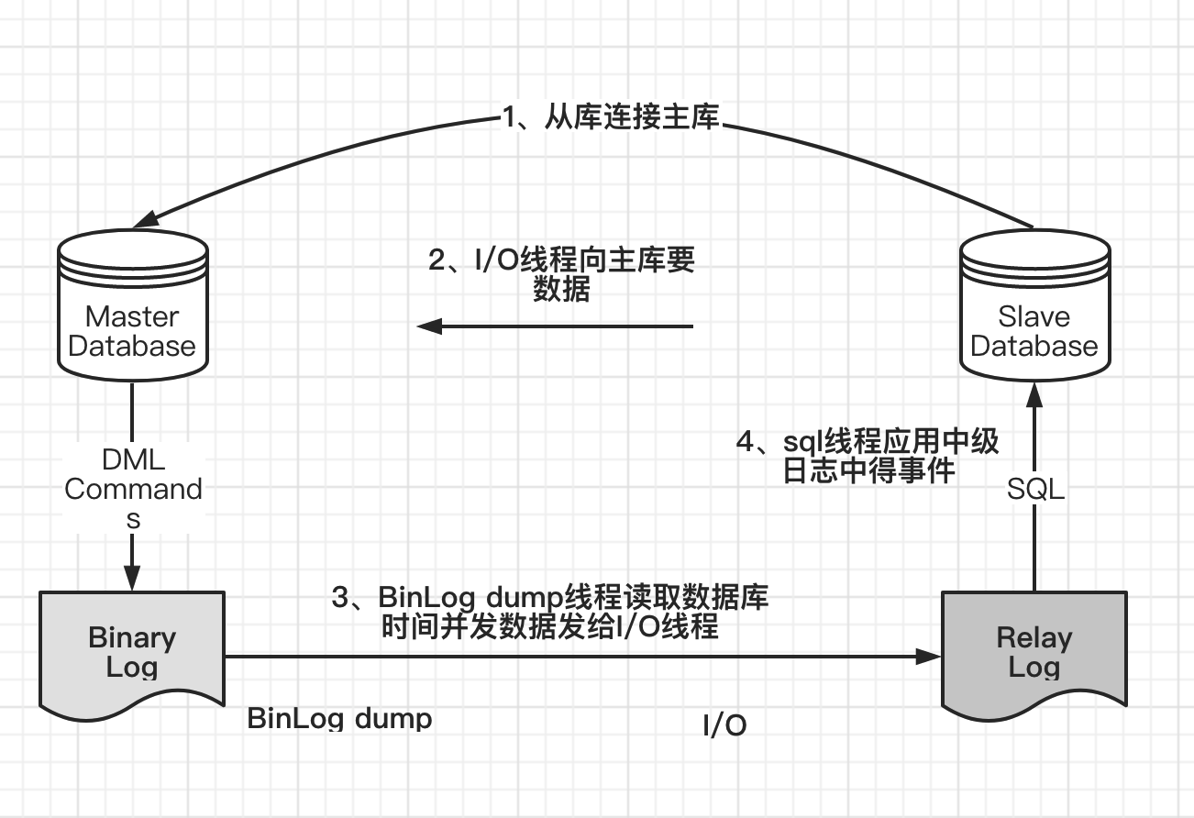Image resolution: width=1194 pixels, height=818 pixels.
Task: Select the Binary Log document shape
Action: pyautogui.click(x=132, y=651)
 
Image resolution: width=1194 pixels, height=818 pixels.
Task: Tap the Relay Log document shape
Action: pyautogui.click(x=1034, y=651)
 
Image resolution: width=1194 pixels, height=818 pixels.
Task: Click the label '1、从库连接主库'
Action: pyautogui.click(x=611, y=118)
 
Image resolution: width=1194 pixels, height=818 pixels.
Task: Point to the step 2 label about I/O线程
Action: pyautogui.click(x=561, y=274)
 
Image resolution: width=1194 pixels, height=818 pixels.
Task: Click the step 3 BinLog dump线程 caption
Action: pyautogui.click(x=550, y=612)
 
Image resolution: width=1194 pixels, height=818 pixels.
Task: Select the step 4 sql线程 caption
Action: pyautogui.click(x=868, y=456)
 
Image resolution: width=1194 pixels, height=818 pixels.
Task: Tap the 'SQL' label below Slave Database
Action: pyautogui.click(x=1035, y=489)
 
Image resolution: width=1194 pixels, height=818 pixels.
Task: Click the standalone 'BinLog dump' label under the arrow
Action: pyautogui.click(x=339, y=718)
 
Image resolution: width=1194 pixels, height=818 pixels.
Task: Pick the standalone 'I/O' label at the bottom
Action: pyautogui.click(x=724, y=726)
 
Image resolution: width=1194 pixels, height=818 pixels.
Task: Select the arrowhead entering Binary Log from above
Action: pyautogui.click(x=132, y=578)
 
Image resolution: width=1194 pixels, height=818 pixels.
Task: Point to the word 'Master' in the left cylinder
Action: pyautogui.click(x=132, y=317)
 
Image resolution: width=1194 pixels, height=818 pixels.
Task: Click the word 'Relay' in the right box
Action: pyautogui.click(x=1034, y=637)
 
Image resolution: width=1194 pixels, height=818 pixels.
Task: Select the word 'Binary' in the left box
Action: pyautogui.click(x=132, y=637)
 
